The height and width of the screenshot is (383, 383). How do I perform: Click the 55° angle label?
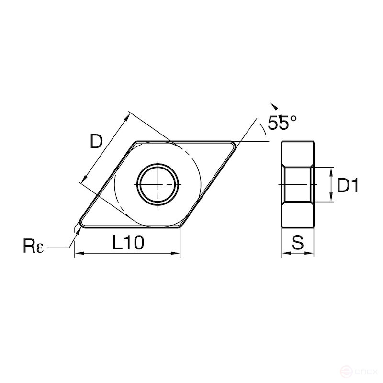282,124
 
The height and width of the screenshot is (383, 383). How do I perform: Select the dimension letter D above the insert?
96,142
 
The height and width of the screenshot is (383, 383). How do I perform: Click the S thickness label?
297,243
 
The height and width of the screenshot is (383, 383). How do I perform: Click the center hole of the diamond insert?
158,184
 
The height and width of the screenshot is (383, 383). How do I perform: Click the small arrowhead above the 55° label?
273,106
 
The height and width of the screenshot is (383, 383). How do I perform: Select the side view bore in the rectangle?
297,185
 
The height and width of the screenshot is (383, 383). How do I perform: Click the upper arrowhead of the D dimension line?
128,115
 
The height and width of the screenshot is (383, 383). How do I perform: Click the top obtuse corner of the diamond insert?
136,142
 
